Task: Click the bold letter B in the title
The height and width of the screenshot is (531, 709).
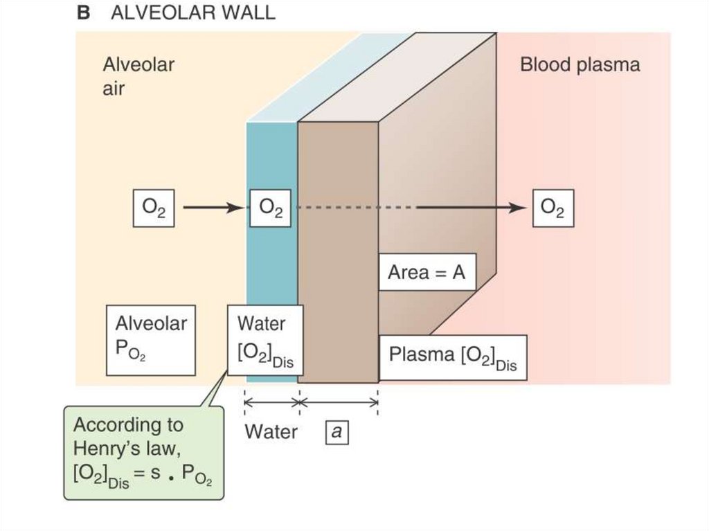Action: pos(83,13)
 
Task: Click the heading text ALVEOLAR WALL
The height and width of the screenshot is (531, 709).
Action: pos(192,13)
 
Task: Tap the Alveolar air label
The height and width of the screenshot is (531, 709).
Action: pos(138,76)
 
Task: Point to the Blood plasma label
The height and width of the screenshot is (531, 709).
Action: pos(580,66)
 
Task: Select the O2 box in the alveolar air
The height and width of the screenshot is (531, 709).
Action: pos(154,208)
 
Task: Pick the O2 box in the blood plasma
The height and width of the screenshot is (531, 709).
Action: pos(553,208)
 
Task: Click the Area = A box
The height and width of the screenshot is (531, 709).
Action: pos(426,273)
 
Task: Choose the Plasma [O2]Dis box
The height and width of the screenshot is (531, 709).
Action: pos(452,358)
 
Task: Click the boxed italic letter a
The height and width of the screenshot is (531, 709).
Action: pos(337,433)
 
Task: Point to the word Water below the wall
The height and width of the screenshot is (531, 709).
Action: pos(271,433)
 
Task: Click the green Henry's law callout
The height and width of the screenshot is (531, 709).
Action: pos(144,453)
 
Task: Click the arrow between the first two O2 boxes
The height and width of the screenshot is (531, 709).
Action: pos(212,208)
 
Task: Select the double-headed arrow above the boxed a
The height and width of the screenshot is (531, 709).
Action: pos(338,401)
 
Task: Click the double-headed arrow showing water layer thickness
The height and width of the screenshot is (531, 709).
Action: pos(271,401)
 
